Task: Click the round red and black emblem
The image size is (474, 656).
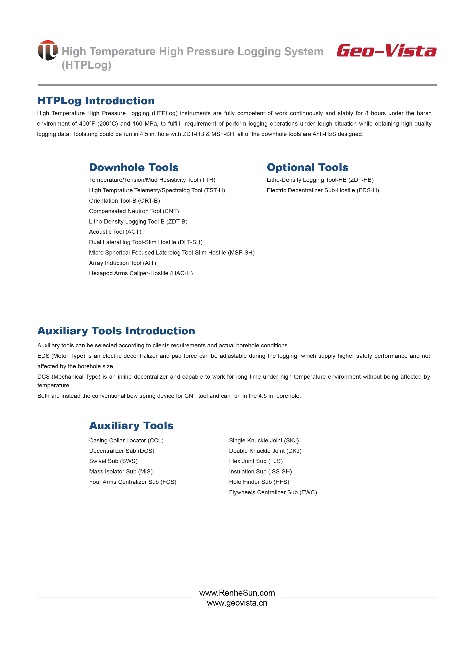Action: click(48, 50)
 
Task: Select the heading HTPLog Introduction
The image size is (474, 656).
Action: click(96, 101)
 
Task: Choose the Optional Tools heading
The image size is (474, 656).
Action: click(308, 168)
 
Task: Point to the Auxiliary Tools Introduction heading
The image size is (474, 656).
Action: click(116, 331)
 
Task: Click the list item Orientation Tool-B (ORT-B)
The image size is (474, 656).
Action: click(124, 201)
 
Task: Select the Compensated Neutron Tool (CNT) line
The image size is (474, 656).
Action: click(134, 211)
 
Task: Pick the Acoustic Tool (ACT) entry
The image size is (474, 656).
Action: click(115, 232)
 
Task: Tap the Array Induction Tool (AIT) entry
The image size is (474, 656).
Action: click(122, 263)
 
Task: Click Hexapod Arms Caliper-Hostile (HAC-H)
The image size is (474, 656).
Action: click(141, 273)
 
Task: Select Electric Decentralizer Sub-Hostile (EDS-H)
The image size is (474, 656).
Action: click(323, 190)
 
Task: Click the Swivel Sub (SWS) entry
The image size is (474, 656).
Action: click(113, 461)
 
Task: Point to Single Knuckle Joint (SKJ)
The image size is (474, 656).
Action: click(264, 440)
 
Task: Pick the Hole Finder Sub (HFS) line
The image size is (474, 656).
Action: click(259, 482)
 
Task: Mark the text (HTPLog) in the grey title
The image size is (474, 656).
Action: click(86, 65)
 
